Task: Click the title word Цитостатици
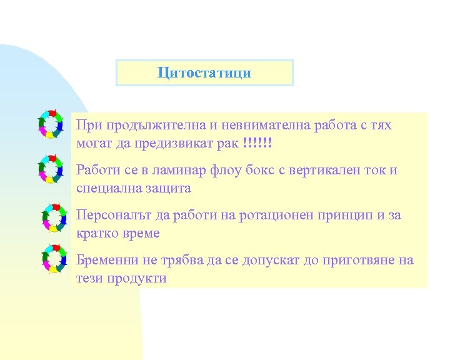point(204,72)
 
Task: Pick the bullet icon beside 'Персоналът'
point(54,215)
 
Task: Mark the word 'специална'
point(108,188)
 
